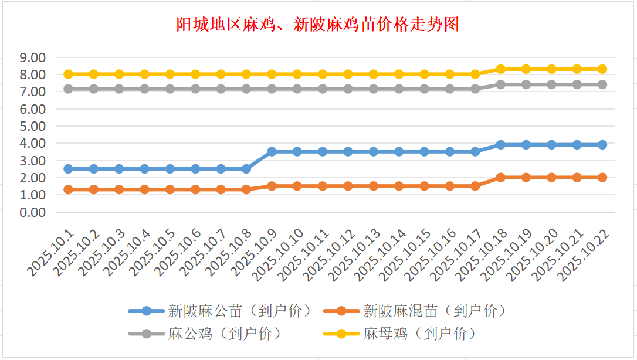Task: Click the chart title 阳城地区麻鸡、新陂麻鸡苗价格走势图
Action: pos(318,25)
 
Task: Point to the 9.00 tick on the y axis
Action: pos(33,57)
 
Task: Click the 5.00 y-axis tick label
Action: pos(33,126)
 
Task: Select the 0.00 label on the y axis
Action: pos(33,212)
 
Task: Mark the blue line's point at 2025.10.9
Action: pos(272,151)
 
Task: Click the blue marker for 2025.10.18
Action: pos(500,144)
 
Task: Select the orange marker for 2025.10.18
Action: pos(500,177)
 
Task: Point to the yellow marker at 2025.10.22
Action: pos(602,69)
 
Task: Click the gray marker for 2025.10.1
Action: pos(68,89)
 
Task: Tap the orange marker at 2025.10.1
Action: pos(68,189)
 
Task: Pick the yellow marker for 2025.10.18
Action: pos(500,69)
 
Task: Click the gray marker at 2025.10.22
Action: pos(602,84)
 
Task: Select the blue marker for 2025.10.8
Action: pos(246,168)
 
